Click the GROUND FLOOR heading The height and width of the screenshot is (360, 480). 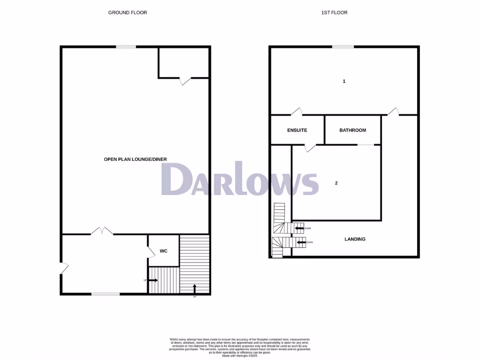pyautogui.click(x=127, y=13)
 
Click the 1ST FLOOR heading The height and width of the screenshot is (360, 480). pyautogui.click(x=334, y=13)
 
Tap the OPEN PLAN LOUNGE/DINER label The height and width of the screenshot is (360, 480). pyautogui.click(x=135, y=159)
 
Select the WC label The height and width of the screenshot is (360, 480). pyautogui.click(x=164, y=251)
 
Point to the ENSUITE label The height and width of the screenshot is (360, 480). pyautogui.click(x=297, y=130)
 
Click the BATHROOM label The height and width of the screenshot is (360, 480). pyautogui.click(x=352, y=130)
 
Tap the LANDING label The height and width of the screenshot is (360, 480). pyautogui.click(x=355, y=239)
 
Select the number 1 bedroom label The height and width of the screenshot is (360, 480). pyautogui.click(x=344, y=82)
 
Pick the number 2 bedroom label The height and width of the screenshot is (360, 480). pyautogui.click(x=336, y=183)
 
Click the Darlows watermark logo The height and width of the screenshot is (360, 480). pyautogui.click(x=240, y=179)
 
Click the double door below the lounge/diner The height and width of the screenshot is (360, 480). pyautogui.click(x=102, y=231)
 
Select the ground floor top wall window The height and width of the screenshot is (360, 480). pyautogui.click(x=126, y=46)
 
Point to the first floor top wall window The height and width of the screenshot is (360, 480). pyautogui.click(x=343, y=46)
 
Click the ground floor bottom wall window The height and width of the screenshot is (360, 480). pyautogui.click(x=102, y=294)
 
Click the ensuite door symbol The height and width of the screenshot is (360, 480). pyautogui.click(x=309, y=148)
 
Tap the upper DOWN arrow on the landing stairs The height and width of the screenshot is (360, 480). pyautogui.click(x=299, y=228)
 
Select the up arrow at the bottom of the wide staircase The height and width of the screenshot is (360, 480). pyautogui.click(x=194, y=288)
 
